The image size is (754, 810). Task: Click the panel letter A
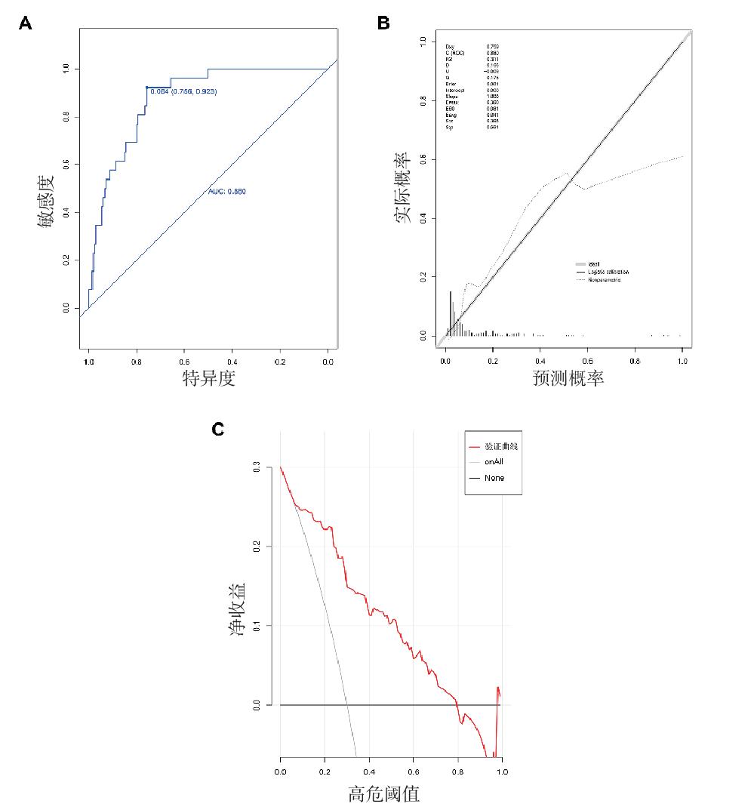pyautogui.click(x=26, y=24)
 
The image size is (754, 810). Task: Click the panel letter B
pyautogui.click(x=383, y=24)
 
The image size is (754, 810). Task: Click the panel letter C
pyautogui.click(x=217, y=430)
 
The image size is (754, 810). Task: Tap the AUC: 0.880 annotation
pyautogui.click(x=227, y=192)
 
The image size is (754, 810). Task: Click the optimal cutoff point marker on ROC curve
pyautogui.click(x=146, y=88)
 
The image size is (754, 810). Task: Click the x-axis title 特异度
pyautogui.click(x=209, y=378)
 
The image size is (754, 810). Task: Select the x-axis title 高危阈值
pyautogui.click(x=383, y=794)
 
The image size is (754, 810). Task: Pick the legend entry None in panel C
pyautogui.click(x=494, y=478)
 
